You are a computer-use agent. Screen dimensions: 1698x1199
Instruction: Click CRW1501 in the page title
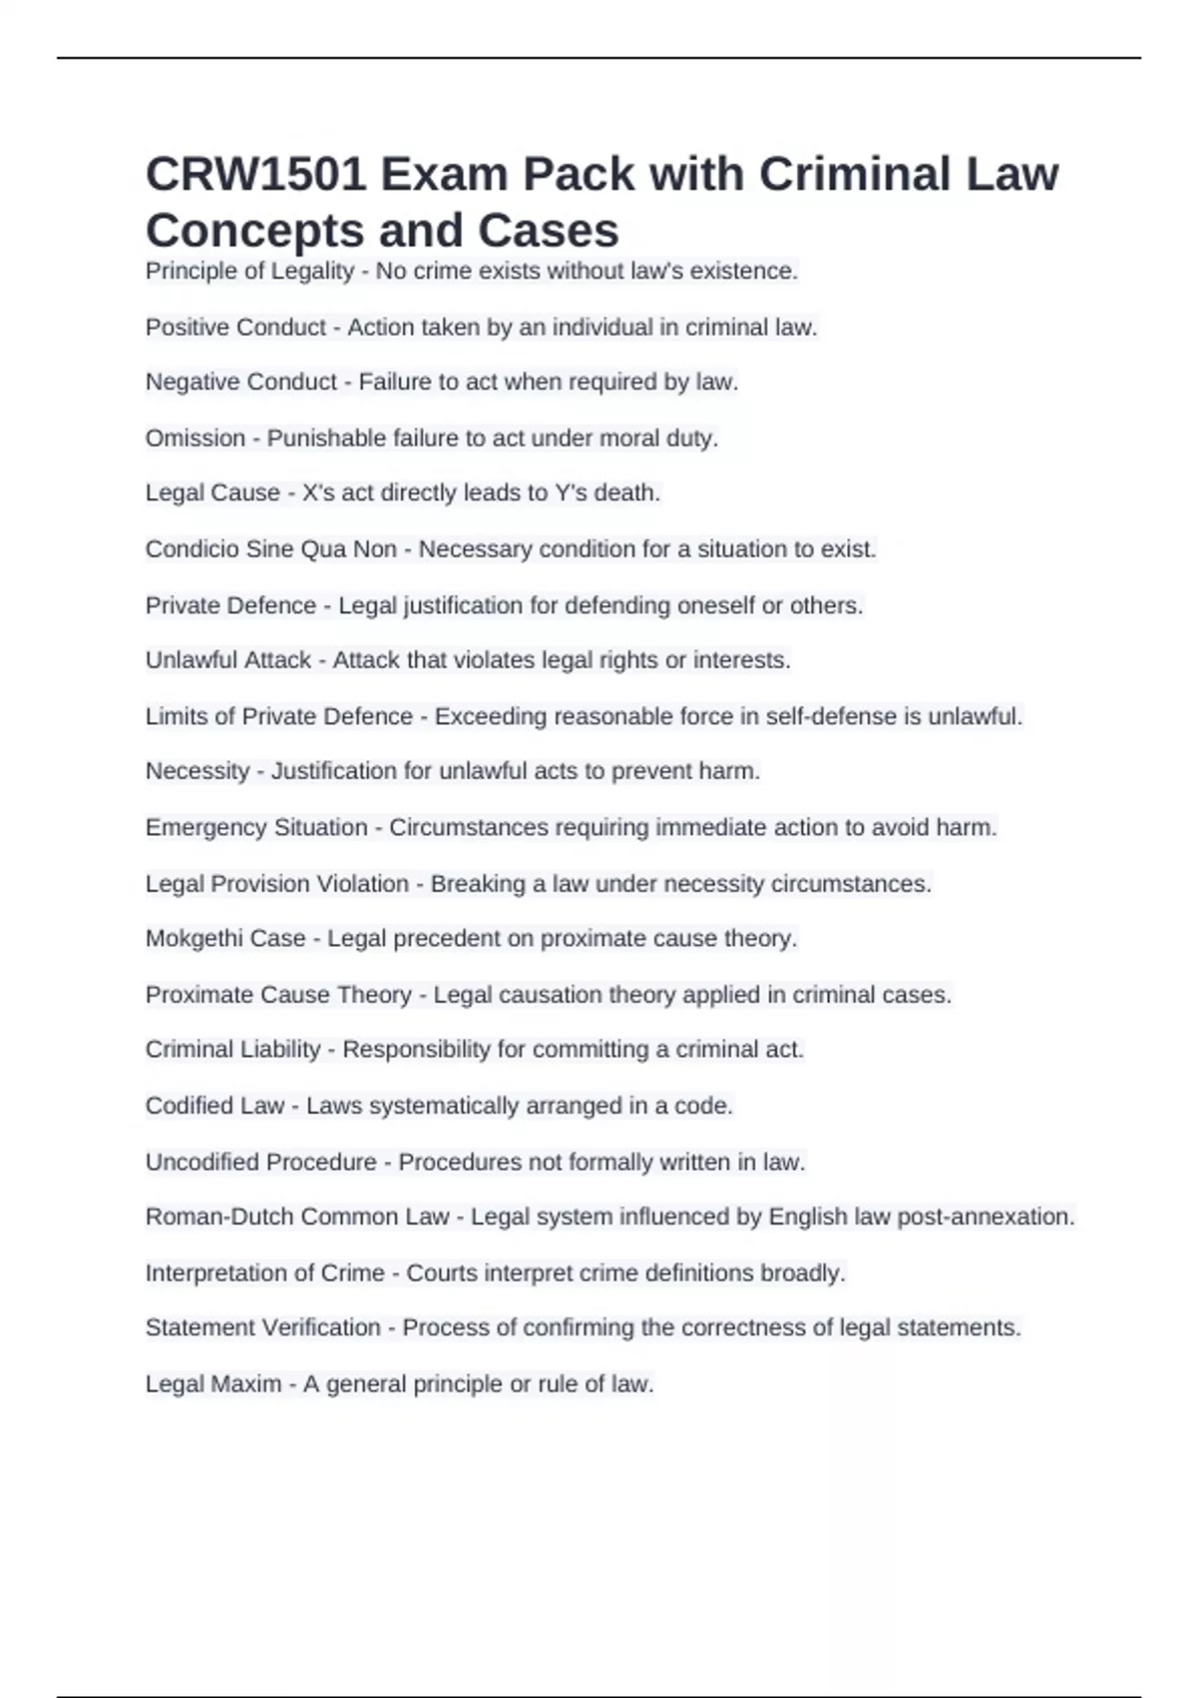coord(254,175)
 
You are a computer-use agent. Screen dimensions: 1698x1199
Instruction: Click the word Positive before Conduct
coord(186,328)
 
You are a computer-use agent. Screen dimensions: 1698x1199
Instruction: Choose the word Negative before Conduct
coord(191,383)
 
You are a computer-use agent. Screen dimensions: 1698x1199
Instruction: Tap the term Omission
coord(195,438)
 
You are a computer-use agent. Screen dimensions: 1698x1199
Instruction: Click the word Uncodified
coord(203,1163)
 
